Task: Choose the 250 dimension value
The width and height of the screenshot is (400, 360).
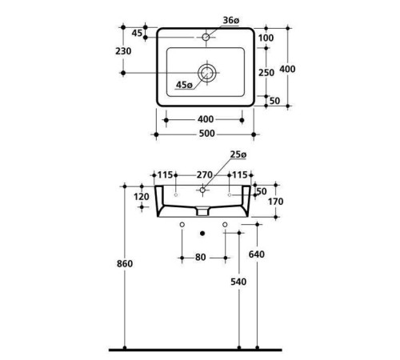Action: click(267, 72)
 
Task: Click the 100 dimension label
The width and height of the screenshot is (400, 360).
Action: click(266, 38)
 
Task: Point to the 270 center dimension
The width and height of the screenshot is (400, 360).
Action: click(203, 174)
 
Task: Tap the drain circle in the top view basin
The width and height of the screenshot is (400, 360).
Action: click(207, 73)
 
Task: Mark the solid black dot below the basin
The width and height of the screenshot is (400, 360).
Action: click(205, 234)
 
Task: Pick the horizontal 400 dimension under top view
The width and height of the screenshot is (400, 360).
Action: click(204, 119)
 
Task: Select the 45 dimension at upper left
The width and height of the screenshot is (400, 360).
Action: click(137, 33)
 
